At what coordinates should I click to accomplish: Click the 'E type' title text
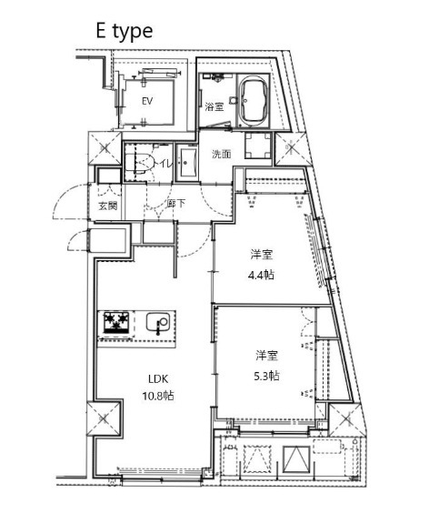tap(125, 29)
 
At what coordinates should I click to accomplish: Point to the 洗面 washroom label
tap(222, 154)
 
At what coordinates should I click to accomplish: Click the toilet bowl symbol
tap(142, 165)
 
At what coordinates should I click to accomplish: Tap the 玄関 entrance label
tap(107, 206)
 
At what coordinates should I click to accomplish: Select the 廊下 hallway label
tap(176, 203)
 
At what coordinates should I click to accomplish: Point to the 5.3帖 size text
tap(266, 375)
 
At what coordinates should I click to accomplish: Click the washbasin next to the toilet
tap(187, 166)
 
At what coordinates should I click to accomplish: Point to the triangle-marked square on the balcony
tap(295, 461)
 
